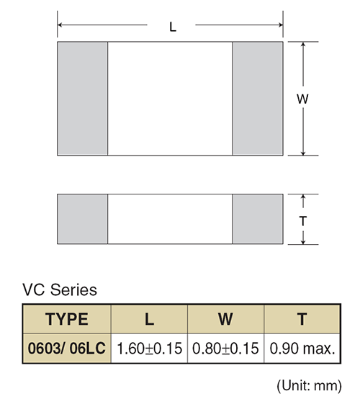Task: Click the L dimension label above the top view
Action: click(173, 27)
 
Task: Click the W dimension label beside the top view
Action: click(302, 99)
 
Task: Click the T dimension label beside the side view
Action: click(303, 221)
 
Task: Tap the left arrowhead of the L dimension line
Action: click(60, 24)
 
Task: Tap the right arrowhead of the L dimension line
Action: click(281, 24)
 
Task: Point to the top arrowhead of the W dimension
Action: click(303, 44)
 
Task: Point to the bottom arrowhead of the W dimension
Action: click(303, 153)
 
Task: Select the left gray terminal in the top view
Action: click(82, 99)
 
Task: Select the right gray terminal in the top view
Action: click(258, 99)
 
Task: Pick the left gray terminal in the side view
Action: click(82, 219)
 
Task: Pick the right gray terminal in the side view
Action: click(258, 219)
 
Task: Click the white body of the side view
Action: click(170, 219)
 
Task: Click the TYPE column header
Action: click(67, 319)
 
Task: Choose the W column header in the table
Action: click(226, 319)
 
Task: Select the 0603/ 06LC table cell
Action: click(67, 349)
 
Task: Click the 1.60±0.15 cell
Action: click(149, 349)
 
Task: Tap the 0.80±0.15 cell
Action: click(226, 349)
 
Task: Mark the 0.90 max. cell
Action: click(302, 349)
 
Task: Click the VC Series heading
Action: click(60, 290)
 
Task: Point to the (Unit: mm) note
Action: click(310, 386)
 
